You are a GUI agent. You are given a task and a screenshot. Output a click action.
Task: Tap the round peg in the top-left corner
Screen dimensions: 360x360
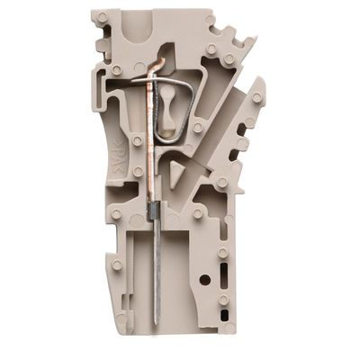pyautogui.click(x=102, y=16)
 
